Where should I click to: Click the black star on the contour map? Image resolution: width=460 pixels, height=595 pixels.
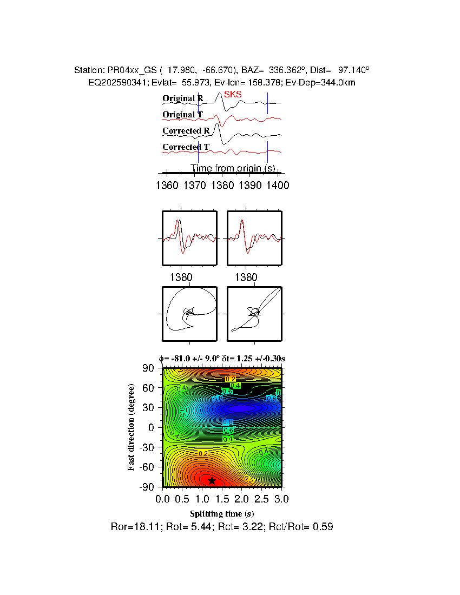(x=212, y=480)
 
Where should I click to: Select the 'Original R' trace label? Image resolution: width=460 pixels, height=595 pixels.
(x=183, y=98)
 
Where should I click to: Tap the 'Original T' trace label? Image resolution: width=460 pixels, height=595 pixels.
(x=183, y=115)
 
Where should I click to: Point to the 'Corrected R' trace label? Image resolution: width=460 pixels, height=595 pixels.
(x=186, y=131)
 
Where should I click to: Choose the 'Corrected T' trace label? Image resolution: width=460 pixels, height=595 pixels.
(x=186, y=147)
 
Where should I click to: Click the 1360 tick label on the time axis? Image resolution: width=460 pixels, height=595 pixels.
(x=167, y=186)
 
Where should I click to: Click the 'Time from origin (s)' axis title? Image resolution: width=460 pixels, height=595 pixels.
(x=232, y=168)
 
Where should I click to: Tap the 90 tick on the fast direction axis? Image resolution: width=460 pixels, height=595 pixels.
(x=149, y=368)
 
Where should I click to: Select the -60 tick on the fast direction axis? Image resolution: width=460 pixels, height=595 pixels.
(x=147, y=467)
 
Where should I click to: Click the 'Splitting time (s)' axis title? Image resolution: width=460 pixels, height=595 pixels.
(x=222, y=513)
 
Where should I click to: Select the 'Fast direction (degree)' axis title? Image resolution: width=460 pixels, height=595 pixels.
(x=132, y=427)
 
